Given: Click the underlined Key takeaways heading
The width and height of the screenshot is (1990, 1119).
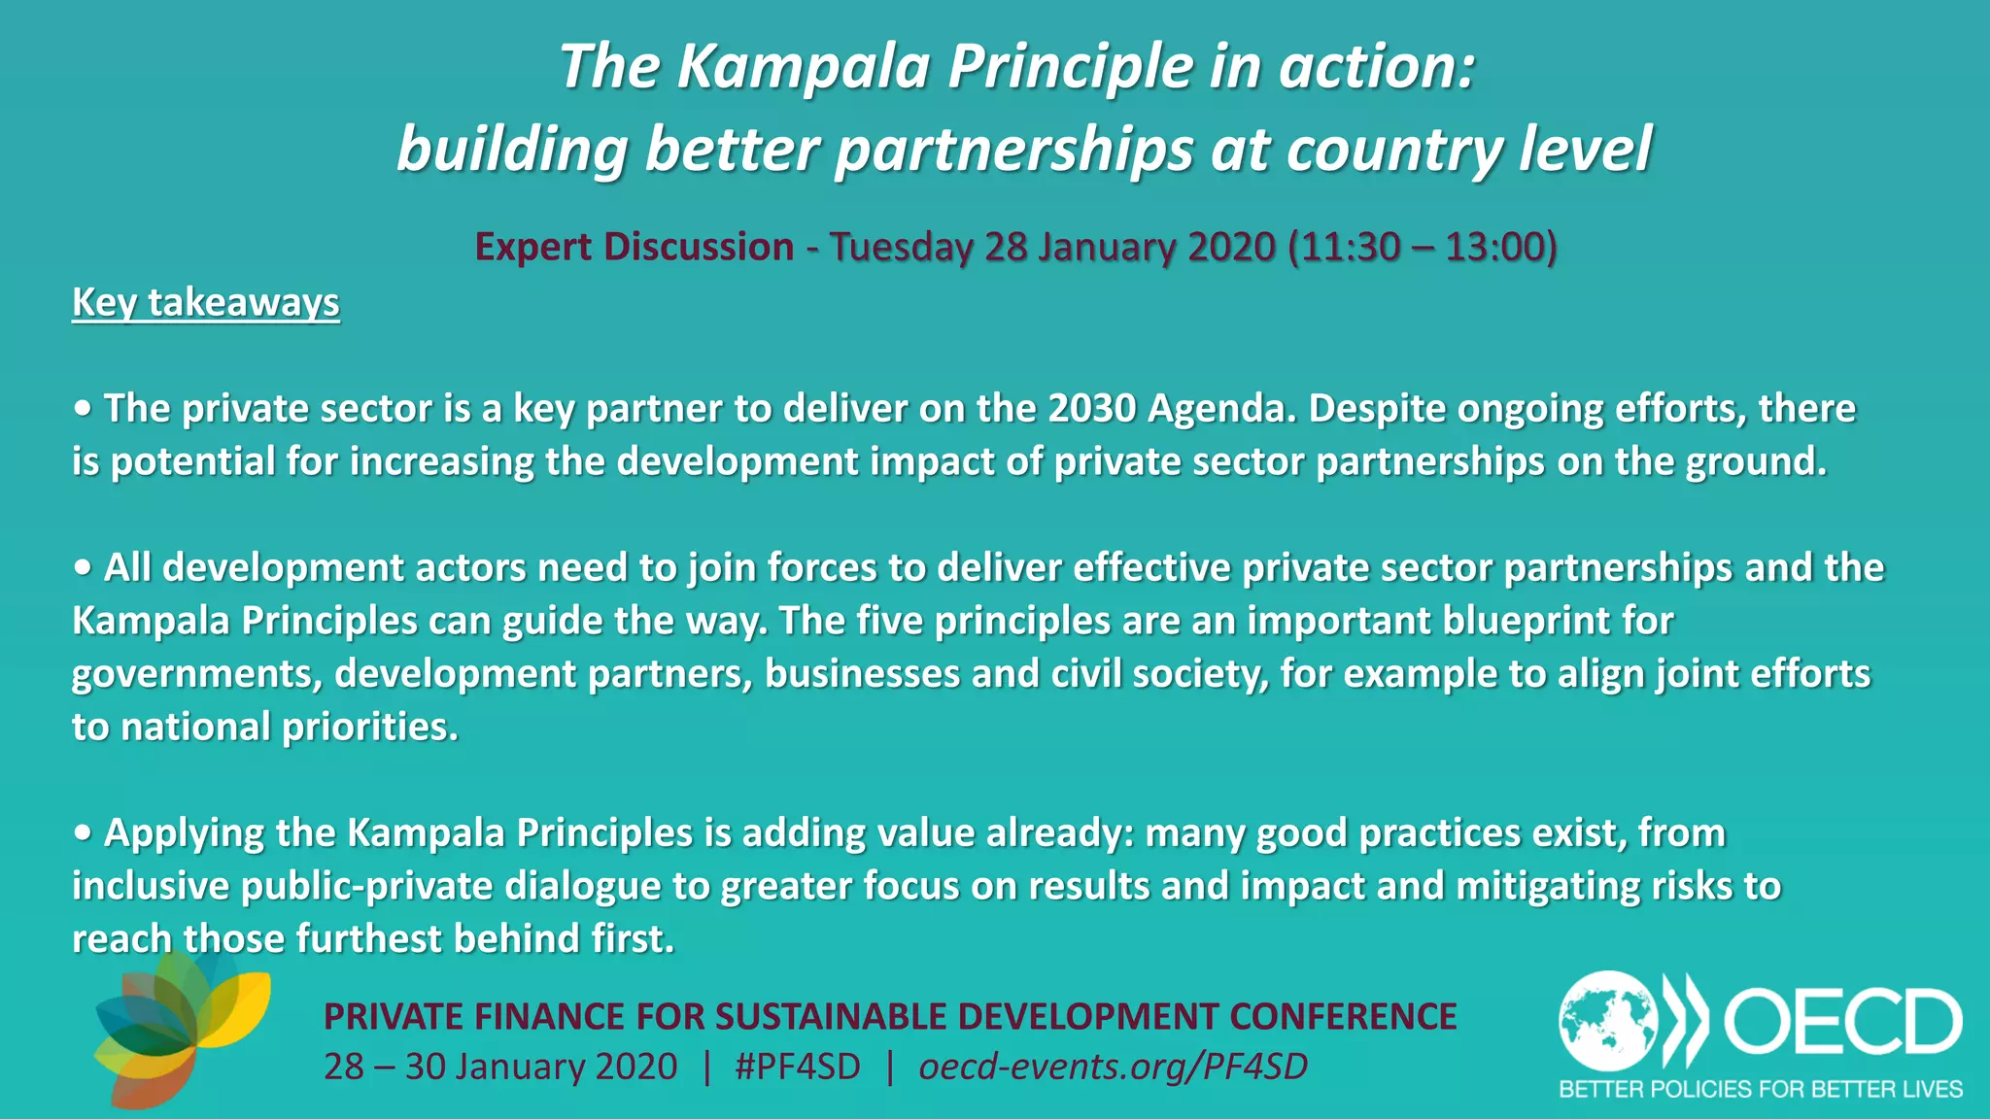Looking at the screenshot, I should tap(205, 302).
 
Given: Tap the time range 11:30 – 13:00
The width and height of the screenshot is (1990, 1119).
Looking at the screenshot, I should tap(1422, 247).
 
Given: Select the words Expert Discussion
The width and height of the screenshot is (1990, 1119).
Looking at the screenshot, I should tap(634, 247).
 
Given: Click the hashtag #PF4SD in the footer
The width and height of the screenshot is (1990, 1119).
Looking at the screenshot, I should tap(798, 1067).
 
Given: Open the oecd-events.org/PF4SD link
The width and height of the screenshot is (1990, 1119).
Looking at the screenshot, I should tap(1113, 1067).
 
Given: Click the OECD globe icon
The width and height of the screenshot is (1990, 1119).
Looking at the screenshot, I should tap(1608, 1021).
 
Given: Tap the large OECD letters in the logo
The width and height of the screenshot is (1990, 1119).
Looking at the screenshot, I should tap(1842, 1022).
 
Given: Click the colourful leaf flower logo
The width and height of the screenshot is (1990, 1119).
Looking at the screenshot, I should tap(180, 1028).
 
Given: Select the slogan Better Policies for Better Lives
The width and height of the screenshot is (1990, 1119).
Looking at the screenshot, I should tap(1760, 1090).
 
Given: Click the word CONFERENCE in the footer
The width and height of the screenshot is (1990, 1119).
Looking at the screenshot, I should tap(1342, 1017).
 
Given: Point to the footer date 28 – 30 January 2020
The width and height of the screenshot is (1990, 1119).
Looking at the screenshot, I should tap(500, 1067).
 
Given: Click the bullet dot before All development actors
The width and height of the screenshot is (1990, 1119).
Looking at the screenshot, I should tap(83, 568).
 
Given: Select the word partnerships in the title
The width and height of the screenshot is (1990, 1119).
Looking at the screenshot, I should tap(1014, 150).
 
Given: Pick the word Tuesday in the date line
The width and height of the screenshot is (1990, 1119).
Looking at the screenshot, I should tap(900, 247).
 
